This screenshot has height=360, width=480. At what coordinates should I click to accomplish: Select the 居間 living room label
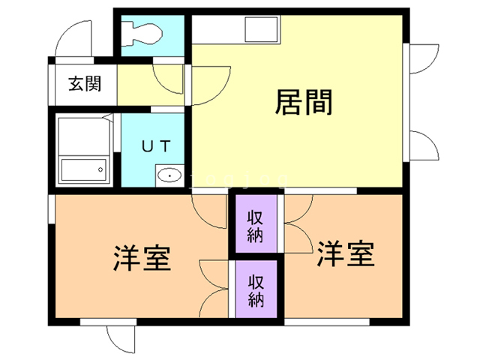(304, 102)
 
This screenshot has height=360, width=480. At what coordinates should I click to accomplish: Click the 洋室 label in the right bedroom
(345, 255)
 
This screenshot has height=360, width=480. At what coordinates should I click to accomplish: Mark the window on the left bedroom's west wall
(50, 209)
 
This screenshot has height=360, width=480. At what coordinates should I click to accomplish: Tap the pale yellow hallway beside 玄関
(150, 86)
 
